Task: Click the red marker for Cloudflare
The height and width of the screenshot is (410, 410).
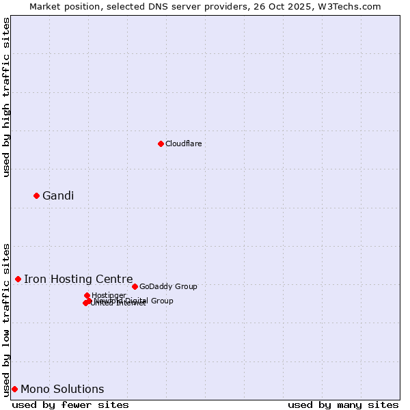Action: (x=161, y=143)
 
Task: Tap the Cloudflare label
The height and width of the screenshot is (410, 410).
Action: (x=183, y=143)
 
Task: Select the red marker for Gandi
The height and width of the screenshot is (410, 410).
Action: (x=36, y=195)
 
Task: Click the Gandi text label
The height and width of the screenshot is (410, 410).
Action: (x=58, y=196)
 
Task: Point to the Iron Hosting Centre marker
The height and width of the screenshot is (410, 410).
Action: (x=18, y=279)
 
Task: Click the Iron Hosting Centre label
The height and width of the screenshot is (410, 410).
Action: (x=78, y=279)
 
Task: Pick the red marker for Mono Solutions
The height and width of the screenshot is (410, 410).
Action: (x=14, y=389)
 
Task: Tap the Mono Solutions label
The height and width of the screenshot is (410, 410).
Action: (x=62, y=389)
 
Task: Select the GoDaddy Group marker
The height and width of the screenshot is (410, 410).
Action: (x=135, y=286)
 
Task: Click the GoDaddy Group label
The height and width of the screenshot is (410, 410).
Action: (x=168, y=286)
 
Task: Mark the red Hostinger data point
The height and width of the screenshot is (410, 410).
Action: (x=87, y=295)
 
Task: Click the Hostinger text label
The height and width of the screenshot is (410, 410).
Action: (x=109, y=295)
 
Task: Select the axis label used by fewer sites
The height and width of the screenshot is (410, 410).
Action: (x=70, y=405)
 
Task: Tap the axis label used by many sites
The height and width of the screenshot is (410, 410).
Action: (x=343, y=405)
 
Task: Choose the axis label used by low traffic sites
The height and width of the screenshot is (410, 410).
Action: (x=6, y=319)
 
